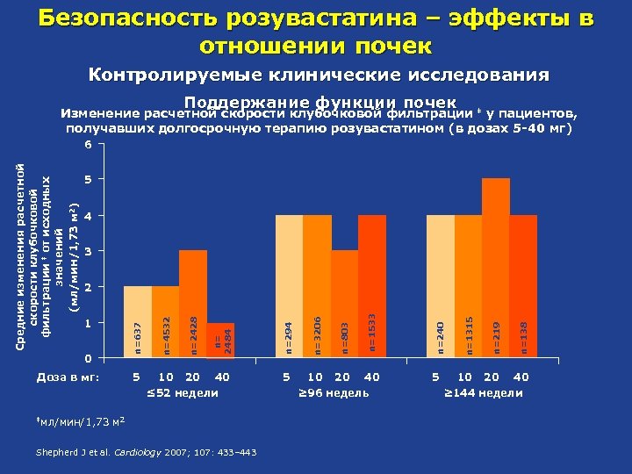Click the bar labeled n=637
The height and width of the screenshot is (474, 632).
click(137, 322)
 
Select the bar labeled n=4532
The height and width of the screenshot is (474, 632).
click(165, 322)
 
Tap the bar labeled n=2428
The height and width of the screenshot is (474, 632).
click(192, 305)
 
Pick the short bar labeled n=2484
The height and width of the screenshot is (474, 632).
click(220, 341)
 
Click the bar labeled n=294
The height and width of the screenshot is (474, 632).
click(289, 286)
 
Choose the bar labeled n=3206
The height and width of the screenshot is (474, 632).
click(317, 286)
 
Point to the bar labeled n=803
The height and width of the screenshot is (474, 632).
click(345, 305)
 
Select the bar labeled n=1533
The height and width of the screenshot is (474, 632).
click(372, 286)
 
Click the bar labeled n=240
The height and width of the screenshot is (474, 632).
click(441, 286)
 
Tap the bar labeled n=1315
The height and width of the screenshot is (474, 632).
click(469, 286)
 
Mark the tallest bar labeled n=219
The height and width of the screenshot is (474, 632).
click(496, 269)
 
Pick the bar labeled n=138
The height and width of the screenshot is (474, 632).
click(523, 286)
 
